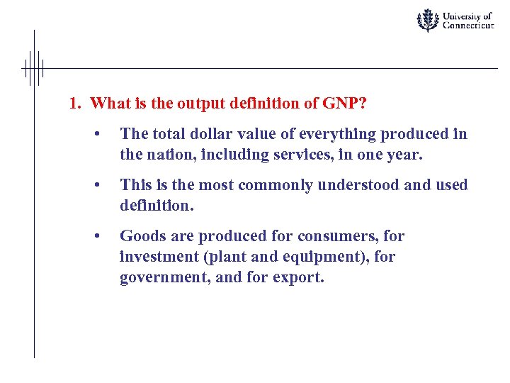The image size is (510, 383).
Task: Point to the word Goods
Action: [140, 236]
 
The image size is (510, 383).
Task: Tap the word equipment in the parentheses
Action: [295, 257]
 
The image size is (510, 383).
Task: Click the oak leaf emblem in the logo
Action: [427, 20]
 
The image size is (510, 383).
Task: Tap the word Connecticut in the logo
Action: [468, 26]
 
